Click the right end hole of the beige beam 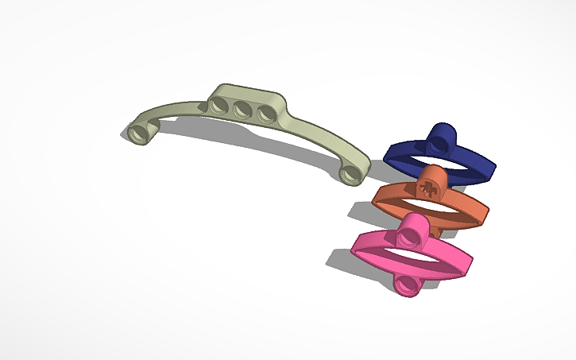349,172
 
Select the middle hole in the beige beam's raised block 242,110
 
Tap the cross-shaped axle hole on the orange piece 427,189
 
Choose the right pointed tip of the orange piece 486,212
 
